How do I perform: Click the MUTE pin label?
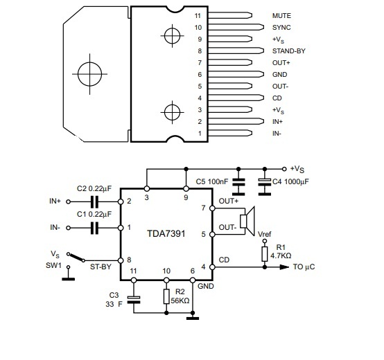click(281, 16)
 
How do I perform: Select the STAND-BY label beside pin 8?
click(289, 51)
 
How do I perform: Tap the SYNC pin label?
click(281, 28)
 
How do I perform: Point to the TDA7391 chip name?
click(166, 233)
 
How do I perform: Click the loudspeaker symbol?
click(247, 221)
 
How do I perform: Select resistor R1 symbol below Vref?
click(265, 254)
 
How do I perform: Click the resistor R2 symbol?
click(166, 296)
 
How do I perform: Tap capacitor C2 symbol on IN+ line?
click(94, 201)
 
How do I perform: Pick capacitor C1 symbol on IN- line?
click(94, 228)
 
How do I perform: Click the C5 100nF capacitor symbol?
click(238, 181)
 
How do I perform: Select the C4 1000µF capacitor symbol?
click(265, 181)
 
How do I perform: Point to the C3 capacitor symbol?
click(134, 300)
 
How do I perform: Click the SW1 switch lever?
click(76, 258)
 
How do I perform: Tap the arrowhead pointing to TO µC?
click(284, 267)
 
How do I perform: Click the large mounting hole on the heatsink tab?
click(89, 74)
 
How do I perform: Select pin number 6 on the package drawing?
click(200, 75)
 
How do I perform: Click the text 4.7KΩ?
click(281, 256)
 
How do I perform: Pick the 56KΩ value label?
click(180, 300)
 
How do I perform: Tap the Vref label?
click(265, 234)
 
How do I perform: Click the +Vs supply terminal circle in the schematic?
click(284, 169)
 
